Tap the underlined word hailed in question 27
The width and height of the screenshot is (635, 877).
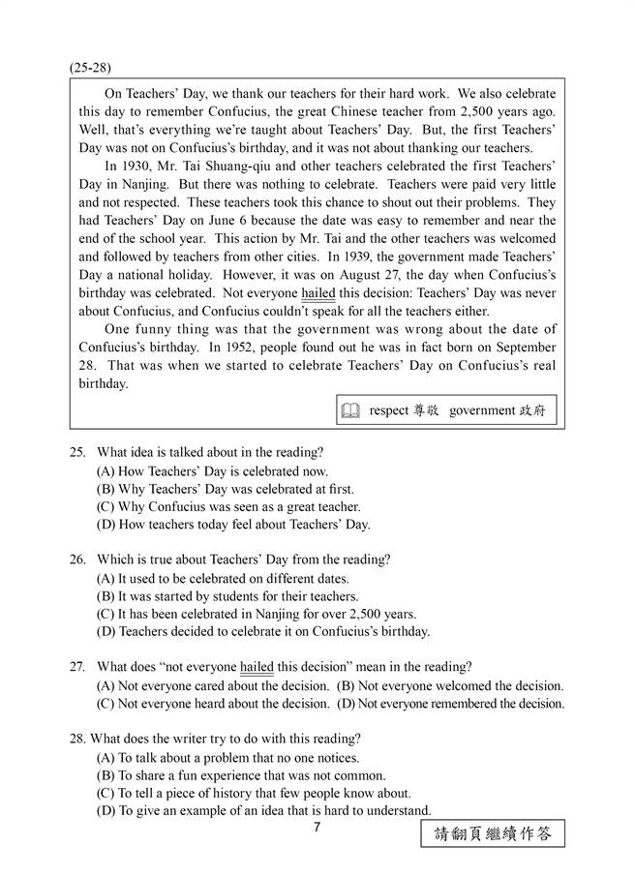[x=257, y=667]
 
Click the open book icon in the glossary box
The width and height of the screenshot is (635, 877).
[x=349, y=410]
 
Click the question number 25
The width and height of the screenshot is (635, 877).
[x=78, y=452]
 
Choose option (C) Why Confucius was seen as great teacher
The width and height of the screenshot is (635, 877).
[x=228, y=506]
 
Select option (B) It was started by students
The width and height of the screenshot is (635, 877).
[x=227, y=596]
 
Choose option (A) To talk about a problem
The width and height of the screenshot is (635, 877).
[x=227, y=757]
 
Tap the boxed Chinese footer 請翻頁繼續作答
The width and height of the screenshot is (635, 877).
[x=493, y=833]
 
